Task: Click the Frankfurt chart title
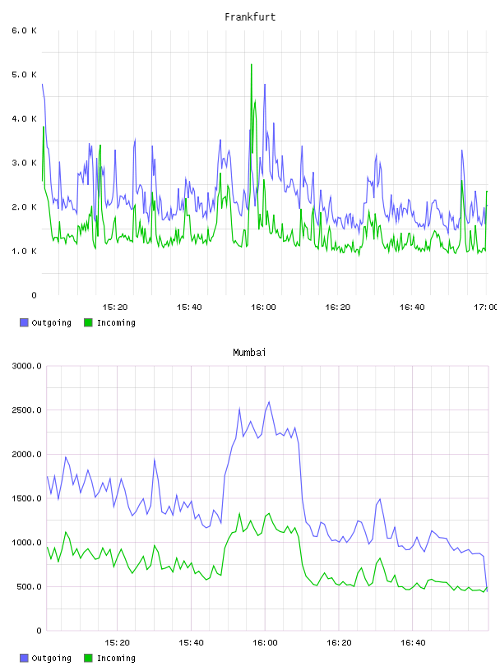pos(250,17)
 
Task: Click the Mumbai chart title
pos(249,353)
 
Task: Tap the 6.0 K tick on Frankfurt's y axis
pos(25,30)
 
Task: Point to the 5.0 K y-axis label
pos(25,75)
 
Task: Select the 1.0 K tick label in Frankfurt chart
pos(25,251)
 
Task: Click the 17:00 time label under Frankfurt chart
pos(485,308)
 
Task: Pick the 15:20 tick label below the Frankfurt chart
pos(115,308)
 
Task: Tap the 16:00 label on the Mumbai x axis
pos(265,643)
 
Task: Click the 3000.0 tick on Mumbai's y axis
pos(27,366)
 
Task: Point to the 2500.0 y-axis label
pos(27,410)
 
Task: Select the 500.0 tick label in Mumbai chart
pos(29,586)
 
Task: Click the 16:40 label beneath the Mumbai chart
pos(413,643)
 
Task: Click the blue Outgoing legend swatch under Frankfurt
pos(24,322)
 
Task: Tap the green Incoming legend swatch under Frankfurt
pos(88,322)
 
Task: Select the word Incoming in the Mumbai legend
pos(116,658)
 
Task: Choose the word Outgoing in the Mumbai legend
pos(51,658)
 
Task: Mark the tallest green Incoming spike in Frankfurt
pos(252,65)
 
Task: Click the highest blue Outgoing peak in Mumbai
pos(269,402)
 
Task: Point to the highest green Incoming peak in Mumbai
pos(269,513)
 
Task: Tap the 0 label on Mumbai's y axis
pos(39,631)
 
